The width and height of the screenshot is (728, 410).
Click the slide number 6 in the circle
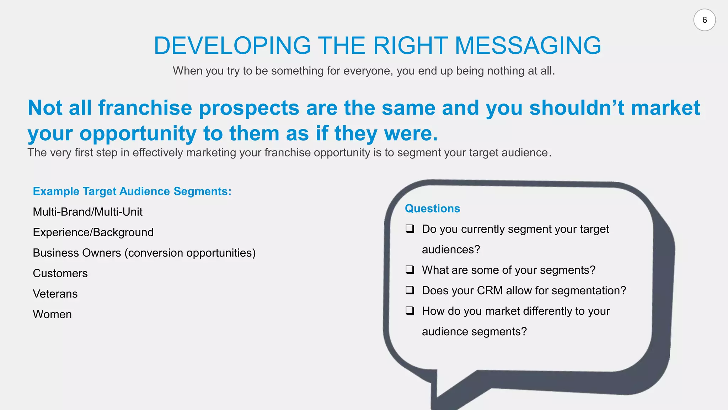(x=704, y=20)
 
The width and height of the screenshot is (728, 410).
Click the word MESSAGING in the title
(x=528, y=46)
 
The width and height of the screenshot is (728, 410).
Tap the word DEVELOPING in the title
(x=232, y=46)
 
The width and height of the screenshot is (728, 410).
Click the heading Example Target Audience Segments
(x=132, y=191)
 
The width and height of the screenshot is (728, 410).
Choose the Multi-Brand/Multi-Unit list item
(x=87, y=212)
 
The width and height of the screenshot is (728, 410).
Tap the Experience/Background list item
(x=93, y=232)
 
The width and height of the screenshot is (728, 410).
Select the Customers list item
(x=60, y=273)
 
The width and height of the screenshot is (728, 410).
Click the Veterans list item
(x=55, y=294)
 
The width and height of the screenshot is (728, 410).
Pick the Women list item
(x=52, y=314)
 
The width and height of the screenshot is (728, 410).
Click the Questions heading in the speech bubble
(x=432, y=209)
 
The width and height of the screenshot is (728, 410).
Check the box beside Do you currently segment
(x=410, y=228)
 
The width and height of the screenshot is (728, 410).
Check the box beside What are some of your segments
(x=410, y=269)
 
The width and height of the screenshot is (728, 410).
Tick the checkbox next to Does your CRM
(x=410, y=290)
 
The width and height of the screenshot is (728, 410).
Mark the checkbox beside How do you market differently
(x=410, y=311)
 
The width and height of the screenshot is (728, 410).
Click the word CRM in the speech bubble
(x=489, y=291)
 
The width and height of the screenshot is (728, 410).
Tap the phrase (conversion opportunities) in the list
(x=190, y=253)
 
